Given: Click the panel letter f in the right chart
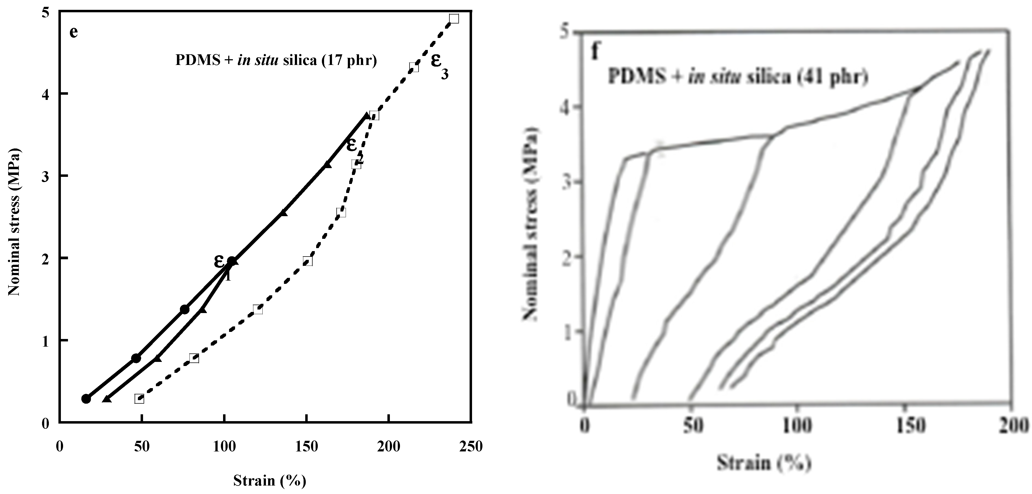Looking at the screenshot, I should pos(596,52).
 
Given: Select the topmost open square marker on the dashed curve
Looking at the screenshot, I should pos(454,19).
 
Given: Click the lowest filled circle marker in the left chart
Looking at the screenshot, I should pos(86,399).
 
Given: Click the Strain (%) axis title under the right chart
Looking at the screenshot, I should pos(764,463).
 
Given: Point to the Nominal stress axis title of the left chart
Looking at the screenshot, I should pos(15,222).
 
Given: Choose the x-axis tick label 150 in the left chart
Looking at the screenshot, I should pos(307,446).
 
